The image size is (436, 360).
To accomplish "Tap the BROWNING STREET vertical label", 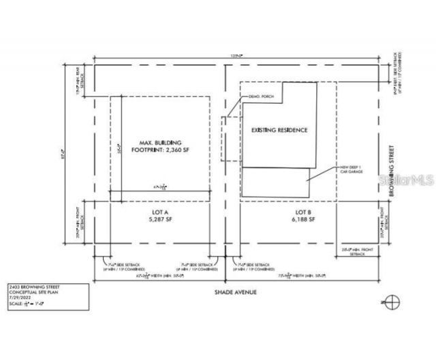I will [392, 171].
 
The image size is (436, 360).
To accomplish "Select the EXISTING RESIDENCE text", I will [279, 130].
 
